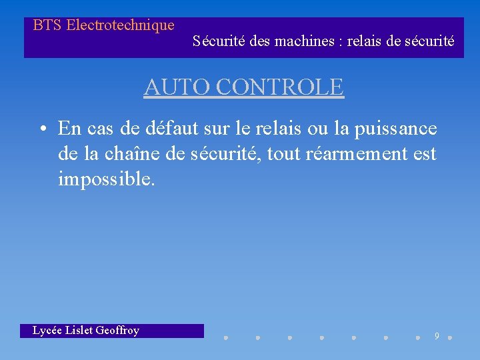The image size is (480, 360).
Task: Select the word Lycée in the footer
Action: click(47, 331)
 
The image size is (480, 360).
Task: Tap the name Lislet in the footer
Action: click(79, 331)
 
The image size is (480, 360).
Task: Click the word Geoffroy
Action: click(117, 331)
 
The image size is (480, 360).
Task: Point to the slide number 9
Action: click(437, 336)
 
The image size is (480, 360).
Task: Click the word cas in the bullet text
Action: click(100, 128)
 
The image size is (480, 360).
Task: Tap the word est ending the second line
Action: click(424, 154)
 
